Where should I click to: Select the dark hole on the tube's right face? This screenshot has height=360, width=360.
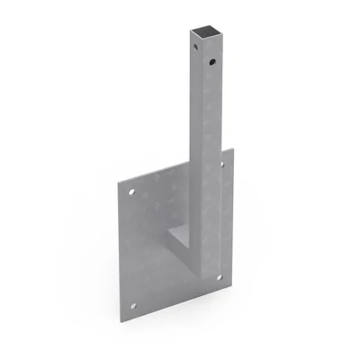[x=211, y=63]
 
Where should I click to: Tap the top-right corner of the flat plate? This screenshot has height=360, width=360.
[x=233, y=148]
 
